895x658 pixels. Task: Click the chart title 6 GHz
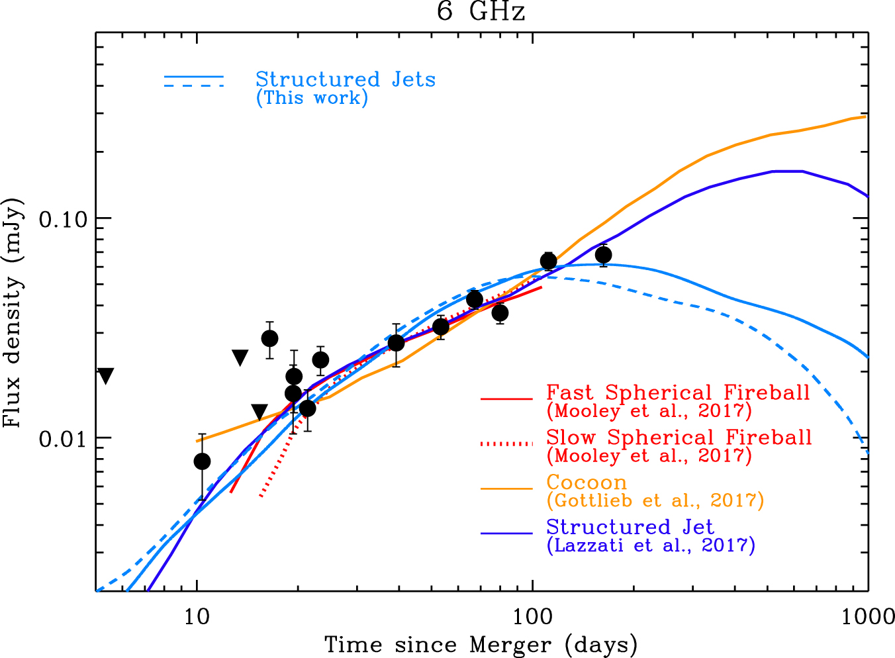pos(481,12)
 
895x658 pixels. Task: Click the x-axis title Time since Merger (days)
pos(481,644)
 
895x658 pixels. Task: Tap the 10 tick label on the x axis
pos(197,616)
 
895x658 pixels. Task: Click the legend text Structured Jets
pos(346,79)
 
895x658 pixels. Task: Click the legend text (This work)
pos(312,98)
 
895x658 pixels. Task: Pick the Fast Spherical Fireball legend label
pos(678,393)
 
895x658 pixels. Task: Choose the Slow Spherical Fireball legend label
pos(679,438)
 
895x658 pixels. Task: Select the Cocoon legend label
pos(587,483)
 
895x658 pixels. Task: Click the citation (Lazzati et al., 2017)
pos(651,545)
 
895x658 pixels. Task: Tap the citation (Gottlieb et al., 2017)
pos(655,500)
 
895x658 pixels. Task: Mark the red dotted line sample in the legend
pos(506,444)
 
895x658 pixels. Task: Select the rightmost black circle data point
pos(603,255)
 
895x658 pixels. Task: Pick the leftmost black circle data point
pos(202,461)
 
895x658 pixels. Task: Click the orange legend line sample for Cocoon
pos(506,489)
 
